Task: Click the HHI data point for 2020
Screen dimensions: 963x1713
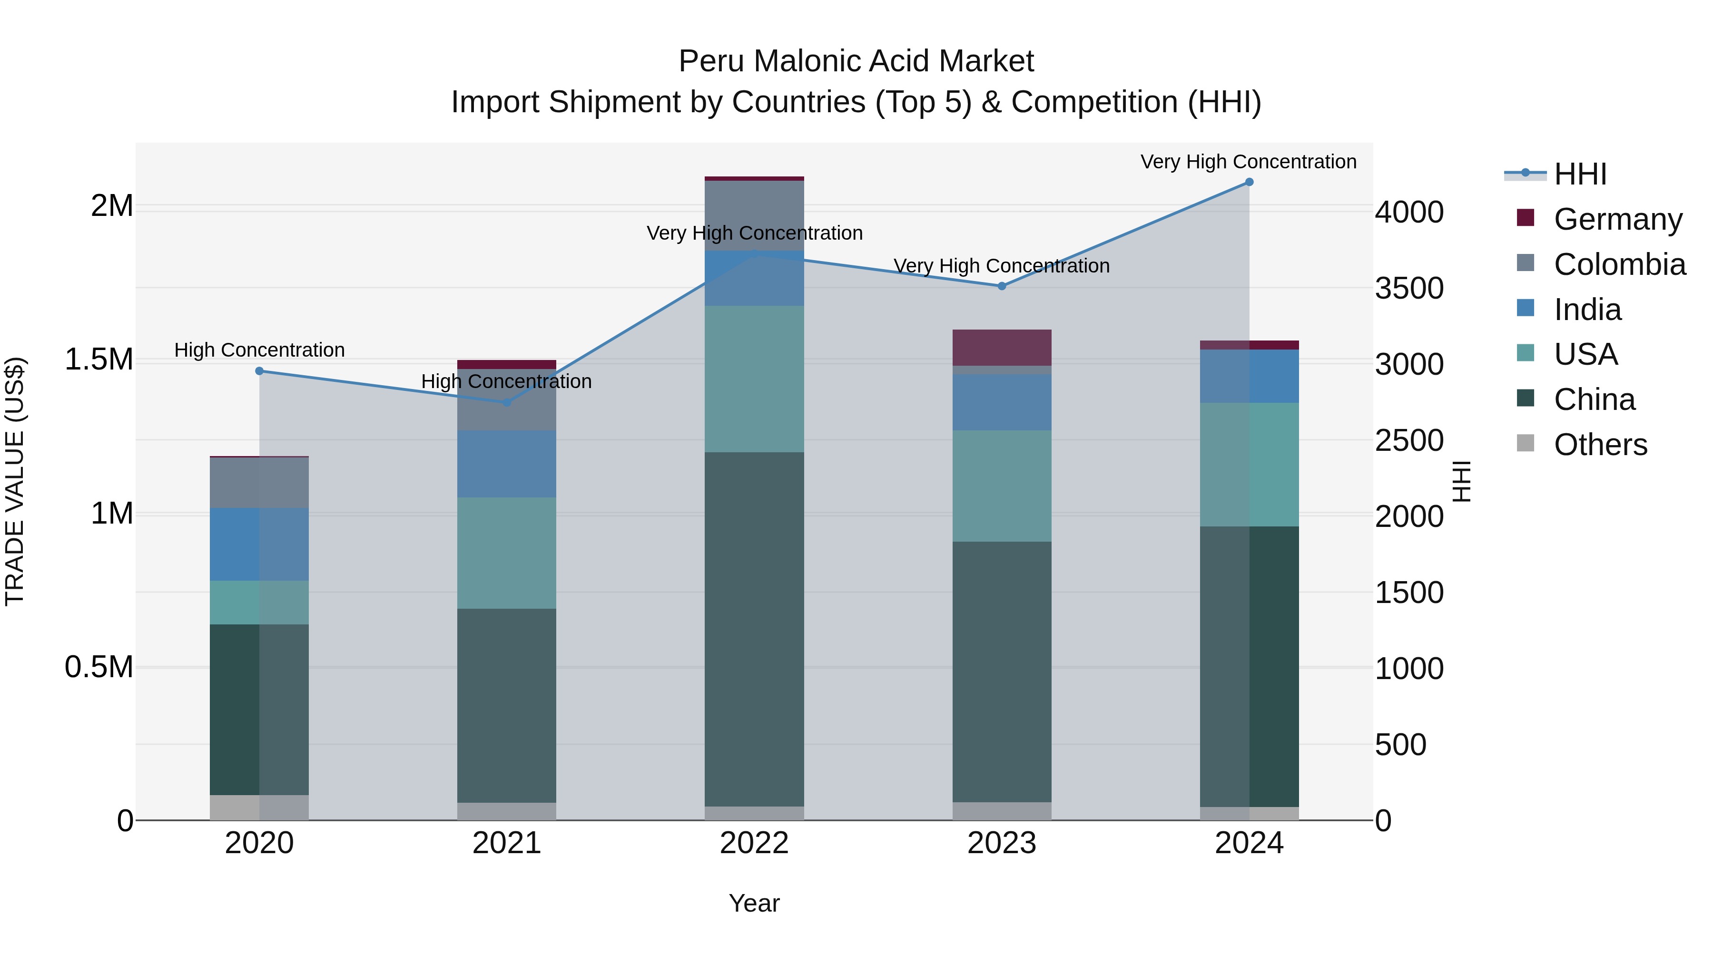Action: point(259,371)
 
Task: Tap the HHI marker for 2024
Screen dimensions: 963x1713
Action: point(1249,182)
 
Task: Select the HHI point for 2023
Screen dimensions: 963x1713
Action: point(1002,286)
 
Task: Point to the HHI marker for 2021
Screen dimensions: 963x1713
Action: point(507,402)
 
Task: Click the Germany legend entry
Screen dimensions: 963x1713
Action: point(1617,219)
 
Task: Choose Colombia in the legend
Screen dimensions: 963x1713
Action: point(1619,264)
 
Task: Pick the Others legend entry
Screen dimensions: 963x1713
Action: point(1600,445)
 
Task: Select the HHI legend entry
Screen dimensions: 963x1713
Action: point(1579,174)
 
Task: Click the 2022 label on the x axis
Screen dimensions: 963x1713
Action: point(754,843)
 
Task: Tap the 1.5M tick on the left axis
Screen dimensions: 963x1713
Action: point(99,360)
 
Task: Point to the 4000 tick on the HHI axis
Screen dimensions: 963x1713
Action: point(1409,213)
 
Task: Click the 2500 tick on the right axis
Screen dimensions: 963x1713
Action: point(1409,441)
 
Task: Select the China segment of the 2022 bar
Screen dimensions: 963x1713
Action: point(754,628)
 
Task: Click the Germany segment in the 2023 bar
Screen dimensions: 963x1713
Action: point(1002,347)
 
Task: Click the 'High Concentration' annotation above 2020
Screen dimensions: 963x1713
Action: point(259,350)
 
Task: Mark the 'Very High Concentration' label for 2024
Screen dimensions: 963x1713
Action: point(1248,162)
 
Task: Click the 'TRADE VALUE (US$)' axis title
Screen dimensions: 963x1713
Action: point(15,481)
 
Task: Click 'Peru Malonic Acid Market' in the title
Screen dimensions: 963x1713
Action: point(856,61)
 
